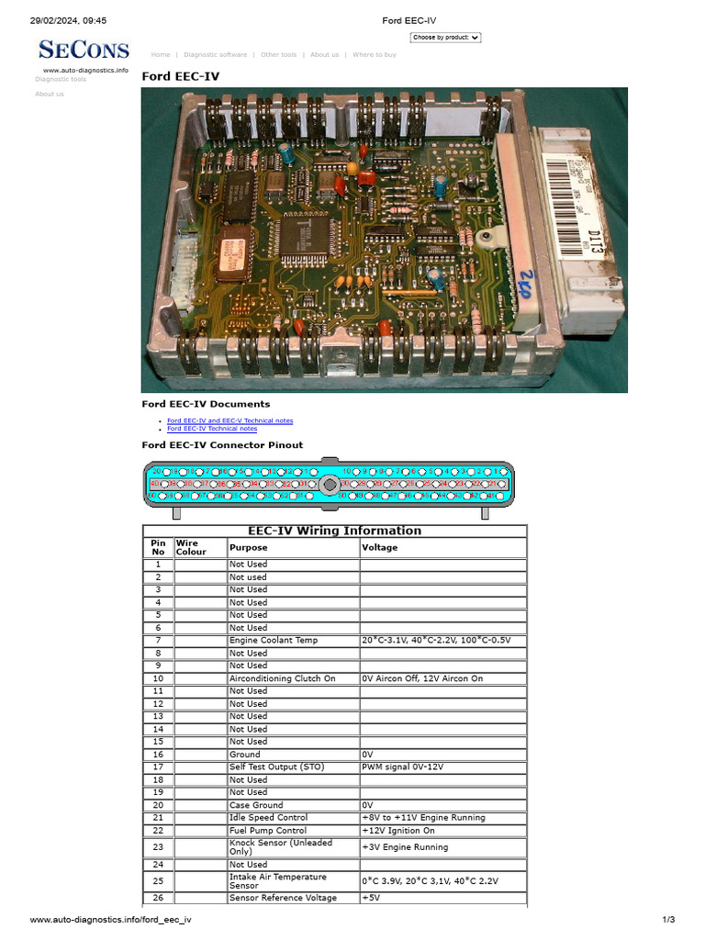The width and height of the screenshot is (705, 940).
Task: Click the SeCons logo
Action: pyautogui.click(x=84, y=50)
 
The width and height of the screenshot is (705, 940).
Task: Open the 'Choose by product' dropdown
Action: pyautogui.click(x=445, y=38)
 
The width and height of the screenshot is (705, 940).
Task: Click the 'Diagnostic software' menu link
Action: pyautogui.click(x=215, y=55)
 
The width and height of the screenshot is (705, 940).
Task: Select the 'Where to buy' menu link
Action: pyautogui.click(x=375, y=55)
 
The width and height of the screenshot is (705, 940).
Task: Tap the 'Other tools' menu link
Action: pyautogui.click(x=278, y=55)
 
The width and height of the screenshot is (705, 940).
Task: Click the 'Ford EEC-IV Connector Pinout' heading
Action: pyautogui.click(x=222, y=445)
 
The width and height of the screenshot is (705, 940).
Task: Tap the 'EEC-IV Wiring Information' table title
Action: pyautogui.click(x=334, y=531)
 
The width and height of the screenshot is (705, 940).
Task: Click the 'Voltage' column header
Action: pyautogui.click(x=379, y=548)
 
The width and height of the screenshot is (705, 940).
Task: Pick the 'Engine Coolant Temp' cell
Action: pyautogui.click(x=274, y=640)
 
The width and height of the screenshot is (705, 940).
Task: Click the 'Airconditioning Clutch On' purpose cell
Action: pyautogui.click(x=282, y=678)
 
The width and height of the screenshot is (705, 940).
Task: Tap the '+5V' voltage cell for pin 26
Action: pyautogui.click(x=371, y=898)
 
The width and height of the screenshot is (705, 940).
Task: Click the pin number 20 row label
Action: pyautogui.click(x=158, y=805)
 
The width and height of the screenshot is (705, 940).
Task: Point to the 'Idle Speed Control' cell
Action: pyautogui.click(x=268, y=817)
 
